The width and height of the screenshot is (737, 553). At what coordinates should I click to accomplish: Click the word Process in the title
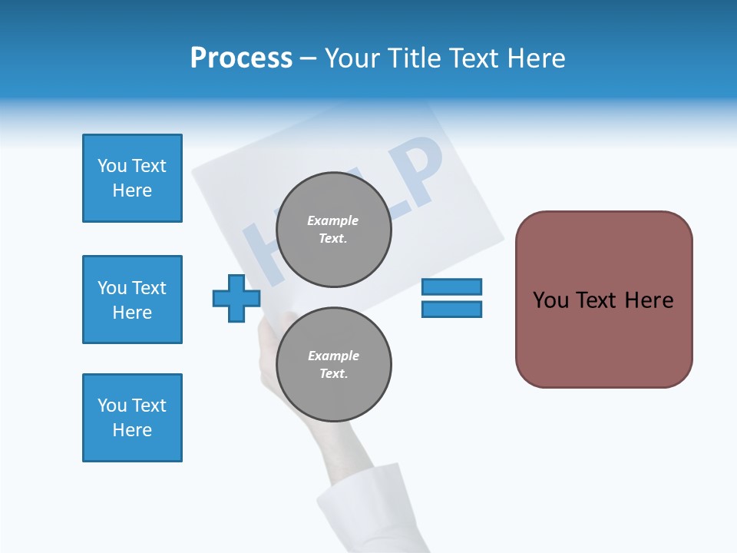point(241,58)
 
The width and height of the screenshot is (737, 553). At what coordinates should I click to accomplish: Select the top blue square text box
point(132,178)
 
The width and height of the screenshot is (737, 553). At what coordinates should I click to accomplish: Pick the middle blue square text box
point(132,300)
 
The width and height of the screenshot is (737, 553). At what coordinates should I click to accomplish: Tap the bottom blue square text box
point(132,418)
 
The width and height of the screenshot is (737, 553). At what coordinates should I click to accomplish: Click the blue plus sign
point(237,299)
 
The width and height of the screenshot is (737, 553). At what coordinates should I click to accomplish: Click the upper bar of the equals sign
point(451,286)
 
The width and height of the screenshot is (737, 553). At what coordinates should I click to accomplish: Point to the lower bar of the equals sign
point(451,309)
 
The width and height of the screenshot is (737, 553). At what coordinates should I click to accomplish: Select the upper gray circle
point(333,229)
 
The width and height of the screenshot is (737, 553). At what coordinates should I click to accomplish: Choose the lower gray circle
point(333,365)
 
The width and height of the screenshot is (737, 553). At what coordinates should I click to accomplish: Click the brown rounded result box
point(603,300)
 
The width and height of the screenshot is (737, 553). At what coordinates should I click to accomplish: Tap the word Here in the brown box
point(649,300)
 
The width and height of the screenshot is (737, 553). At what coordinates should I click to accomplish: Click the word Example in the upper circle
point(332,220)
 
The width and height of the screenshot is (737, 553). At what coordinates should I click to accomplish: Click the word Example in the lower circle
point(333,356)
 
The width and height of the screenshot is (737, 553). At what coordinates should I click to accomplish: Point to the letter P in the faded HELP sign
point(415,173)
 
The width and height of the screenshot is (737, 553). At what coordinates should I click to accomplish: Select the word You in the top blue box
point(112,166)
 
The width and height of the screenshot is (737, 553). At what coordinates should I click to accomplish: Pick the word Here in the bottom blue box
point(132,430)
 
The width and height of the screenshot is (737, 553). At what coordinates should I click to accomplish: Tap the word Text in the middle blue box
point(148,288)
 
